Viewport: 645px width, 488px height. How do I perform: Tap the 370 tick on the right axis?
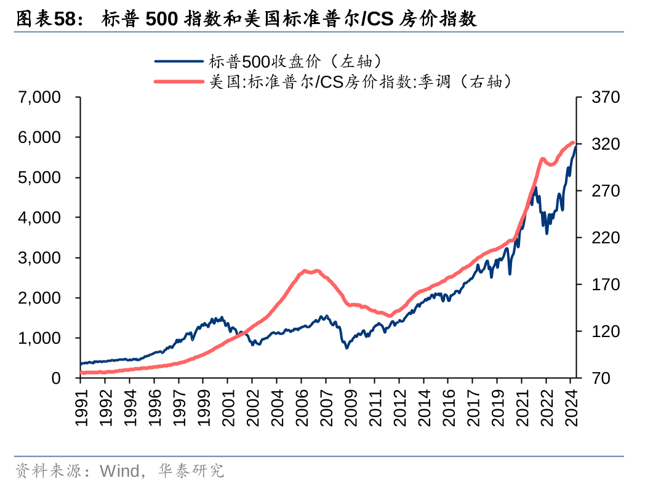click(x=604, y=97)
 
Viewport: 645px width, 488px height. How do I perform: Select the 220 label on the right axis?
click(x=604, y=238)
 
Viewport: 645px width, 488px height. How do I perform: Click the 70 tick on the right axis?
click(x=600, y=378)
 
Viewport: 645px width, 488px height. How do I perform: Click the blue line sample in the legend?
click(x=178, y=61)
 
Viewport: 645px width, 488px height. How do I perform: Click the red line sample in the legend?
click(x=178, y=81)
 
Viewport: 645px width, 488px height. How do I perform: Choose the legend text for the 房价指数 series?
click(x=361, y=81)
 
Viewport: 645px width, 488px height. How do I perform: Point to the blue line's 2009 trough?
click(x=347, y=348)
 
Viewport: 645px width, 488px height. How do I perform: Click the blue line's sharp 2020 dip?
click(x=510, y=274)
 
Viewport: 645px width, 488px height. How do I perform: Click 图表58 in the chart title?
click(x=49, y=19)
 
